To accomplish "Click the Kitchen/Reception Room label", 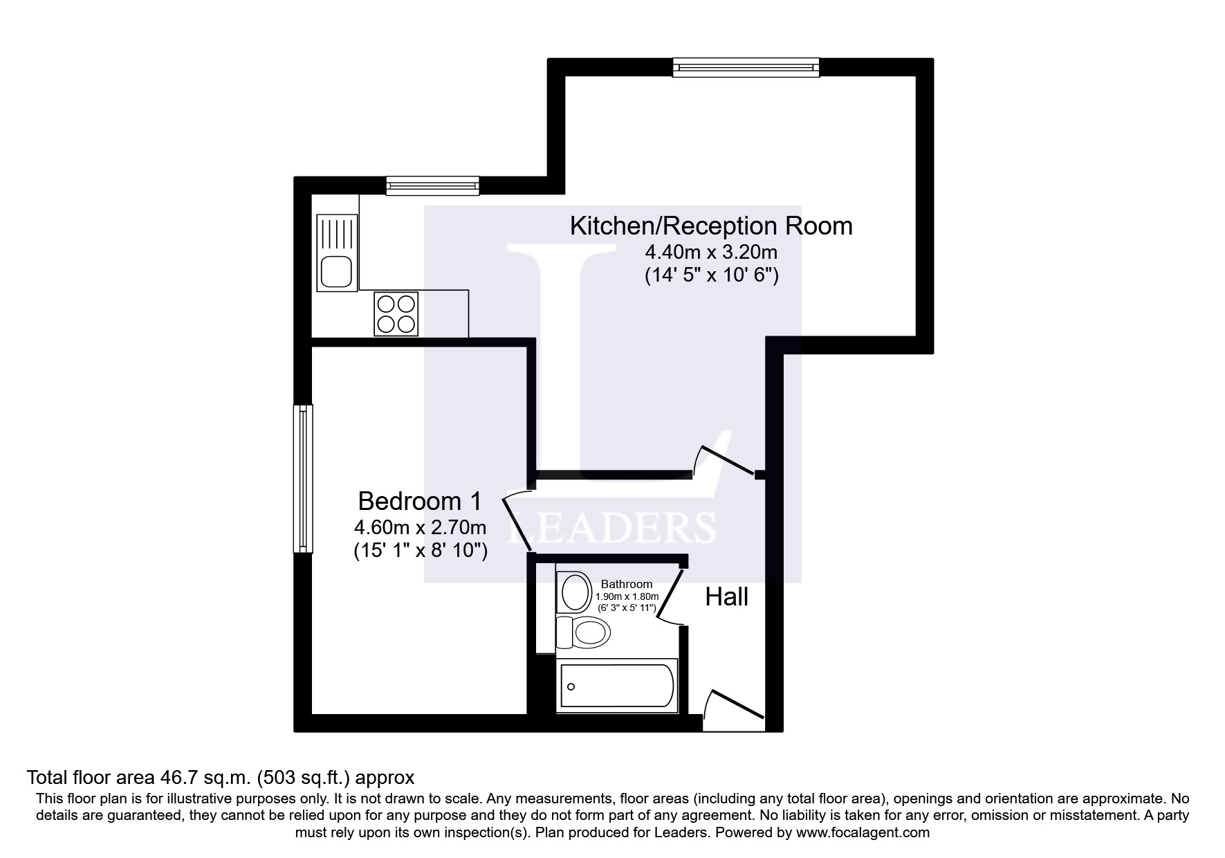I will (x=711, y=226).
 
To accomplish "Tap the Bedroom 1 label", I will (x=420, y=500).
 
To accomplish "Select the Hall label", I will (x=726, y=596).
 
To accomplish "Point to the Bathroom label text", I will (x=626, y=584).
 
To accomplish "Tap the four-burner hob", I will (x=396, y=314).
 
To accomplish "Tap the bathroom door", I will (x=668, y=595).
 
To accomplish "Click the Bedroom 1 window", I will (x=303, y=479).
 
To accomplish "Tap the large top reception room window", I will (x=746, y=67).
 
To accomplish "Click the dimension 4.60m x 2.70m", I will (x=420, y=527).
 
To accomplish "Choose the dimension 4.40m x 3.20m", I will (x=711, y=251).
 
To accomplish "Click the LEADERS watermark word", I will (x=612, y=527).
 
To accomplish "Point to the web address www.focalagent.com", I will (x=863, y=832).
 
